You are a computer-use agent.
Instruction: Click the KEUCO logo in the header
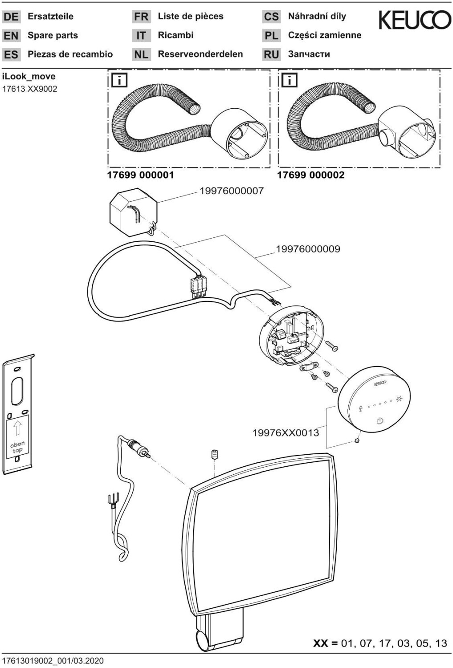414,20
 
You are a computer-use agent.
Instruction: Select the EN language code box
11,36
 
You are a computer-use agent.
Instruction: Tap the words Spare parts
53,36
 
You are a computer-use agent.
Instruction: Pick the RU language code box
271,55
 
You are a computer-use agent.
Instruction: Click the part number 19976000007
231,191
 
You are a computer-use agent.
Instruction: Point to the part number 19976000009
308,249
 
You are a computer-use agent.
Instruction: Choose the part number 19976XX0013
286,432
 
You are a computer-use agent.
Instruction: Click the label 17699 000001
140,175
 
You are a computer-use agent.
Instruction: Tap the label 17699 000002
310,175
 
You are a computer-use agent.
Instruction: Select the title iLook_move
29,77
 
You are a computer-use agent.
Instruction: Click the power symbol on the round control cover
380,420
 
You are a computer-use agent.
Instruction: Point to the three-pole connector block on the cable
198,285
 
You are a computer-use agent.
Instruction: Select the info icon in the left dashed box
120,81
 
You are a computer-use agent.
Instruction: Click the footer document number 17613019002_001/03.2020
53,660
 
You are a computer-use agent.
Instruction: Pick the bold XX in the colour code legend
321,643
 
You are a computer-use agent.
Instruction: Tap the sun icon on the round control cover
399,399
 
